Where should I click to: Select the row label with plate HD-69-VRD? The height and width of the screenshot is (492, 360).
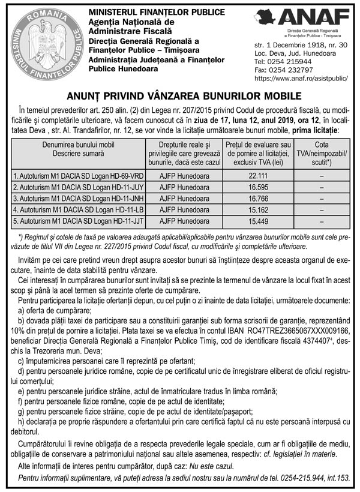point(78,176)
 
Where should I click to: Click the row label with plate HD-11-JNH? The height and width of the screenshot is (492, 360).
point(78,199)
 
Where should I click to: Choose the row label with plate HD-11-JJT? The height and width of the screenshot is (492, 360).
point(78,221)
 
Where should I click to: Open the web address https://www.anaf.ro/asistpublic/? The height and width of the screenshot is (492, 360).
point(301,78)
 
